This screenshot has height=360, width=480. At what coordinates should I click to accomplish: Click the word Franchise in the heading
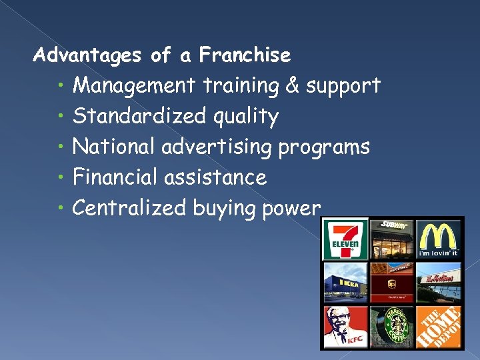pos(245,55)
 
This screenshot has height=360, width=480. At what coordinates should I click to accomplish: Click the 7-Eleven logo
pos(344,239)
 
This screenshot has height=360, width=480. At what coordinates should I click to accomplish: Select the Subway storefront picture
pos(392,239)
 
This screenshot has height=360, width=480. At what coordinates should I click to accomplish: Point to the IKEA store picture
pos(344,283)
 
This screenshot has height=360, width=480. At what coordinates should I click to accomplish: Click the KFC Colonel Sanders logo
pos(344,327)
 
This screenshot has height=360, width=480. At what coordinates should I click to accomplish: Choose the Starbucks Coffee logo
pos(392,327)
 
